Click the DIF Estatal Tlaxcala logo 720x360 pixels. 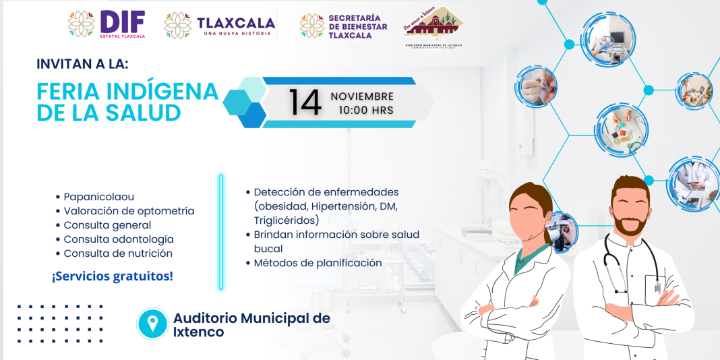click(107, 24)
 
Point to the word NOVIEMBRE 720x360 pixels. click(362, 96)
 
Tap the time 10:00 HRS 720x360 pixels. click(366, 110)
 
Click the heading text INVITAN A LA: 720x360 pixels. click(82, 64)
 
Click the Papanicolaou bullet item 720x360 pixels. click(98, 197)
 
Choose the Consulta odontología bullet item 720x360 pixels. click(118, 239)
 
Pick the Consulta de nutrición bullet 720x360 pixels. click(117, 253)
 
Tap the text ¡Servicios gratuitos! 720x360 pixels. click(112, 276)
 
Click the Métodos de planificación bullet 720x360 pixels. click(317, 263)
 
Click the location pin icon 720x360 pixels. click(152, 324)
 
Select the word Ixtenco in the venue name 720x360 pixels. click(198, 332)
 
